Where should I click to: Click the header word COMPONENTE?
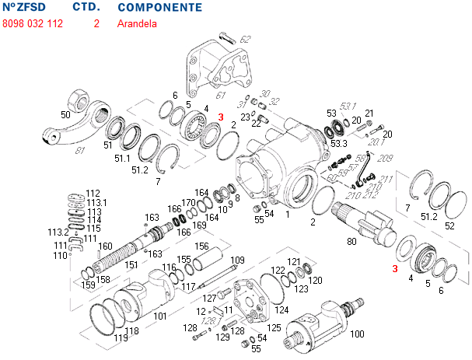pyautogui.click(x=159, y=8)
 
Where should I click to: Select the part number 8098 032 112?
pyautogui.click(x=33, y=23)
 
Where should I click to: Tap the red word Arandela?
pyautogui.click(x=137, y=23)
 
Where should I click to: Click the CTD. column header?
pyautogui.click(x=86, y=8)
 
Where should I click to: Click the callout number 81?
pyautogui.click(x=79, y=151)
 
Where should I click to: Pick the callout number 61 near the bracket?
pyautogui.click(x=222, y=95)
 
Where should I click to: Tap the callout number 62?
pyautogui.click(x=246, y=39)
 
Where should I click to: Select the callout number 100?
pyautogui.click(x=358, y=334)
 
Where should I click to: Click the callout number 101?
pyautogui.click(x=159, y=316)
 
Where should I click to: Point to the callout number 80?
pyautogui.click(x=351, y=241)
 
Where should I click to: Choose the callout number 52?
pyautogui.click(x=449, y=226)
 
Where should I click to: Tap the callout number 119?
pyautogui.click(x=121, y=338)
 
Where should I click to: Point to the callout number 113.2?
pyautogui.click(x=58, y=232)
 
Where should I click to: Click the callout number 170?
pyautogui.click(x=188, y=203)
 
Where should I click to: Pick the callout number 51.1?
pyautogui.click(x=122, y=159)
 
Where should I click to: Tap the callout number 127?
pyautogui.click(x=209, y=299)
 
